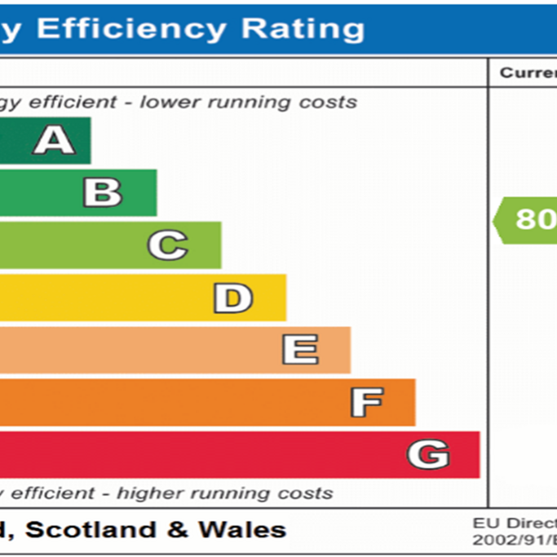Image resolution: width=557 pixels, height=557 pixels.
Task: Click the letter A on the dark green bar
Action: (x=54, y=140)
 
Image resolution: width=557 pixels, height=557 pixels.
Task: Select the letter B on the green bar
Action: (x=103, y=192)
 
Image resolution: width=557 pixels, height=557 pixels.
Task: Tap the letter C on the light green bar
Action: (x=167, y=245)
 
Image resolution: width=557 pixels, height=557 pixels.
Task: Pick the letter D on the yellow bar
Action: (x=232, y=298)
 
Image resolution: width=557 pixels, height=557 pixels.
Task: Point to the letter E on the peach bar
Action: (x=299, y=350)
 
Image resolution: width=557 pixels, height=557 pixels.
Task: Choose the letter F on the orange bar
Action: (x=366, y=402)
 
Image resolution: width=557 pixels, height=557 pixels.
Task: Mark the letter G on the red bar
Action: (x=428, y=453)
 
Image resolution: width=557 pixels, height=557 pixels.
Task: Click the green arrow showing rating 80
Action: (x=526, y=219)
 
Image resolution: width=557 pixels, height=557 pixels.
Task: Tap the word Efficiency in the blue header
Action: (x=130, y=29)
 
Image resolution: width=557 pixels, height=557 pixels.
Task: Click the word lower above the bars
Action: (x=163, y=102)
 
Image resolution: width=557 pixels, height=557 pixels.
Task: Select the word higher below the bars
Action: (x=145, y=493)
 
